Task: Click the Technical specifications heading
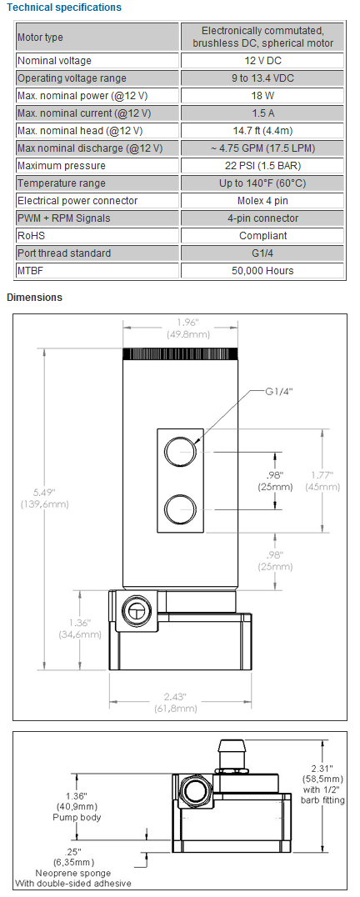(64, 8)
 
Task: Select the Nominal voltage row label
(55, 61)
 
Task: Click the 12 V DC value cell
(262, 61)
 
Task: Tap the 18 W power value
(262, 96)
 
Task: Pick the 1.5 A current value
(262, 113)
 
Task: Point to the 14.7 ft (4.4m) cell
(262, 131)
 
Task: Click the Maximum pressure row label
(62, 166)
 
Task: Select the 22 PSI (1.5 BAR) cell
(262, 166)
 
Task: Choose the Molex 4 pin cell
(262, 201)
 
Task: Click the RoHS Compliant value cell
(262, 236)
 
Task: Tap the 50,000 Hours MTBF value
(262, 271)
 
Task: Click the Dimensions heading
(34, 298)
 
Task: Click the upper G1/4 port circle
(179, 452)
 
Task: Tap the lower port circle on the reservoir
(179, 508)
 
